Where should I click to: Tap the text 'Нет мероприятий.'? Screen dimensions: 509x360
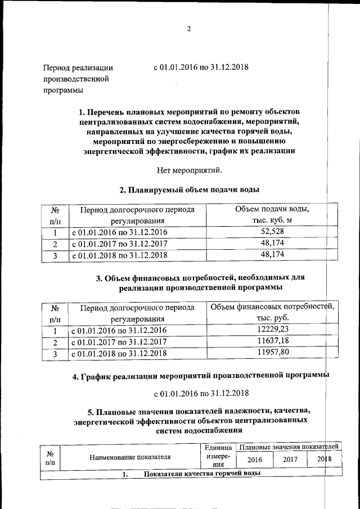tap(189, 169)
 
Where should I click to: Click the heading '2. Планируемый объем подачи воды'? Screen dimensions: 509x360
tap(189, 190)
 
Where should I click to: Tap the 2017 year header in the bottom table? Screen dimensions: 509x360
tap(290, 460)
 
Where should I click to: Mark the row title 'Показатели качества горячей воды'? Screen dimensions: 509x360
tap(201, 474)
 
